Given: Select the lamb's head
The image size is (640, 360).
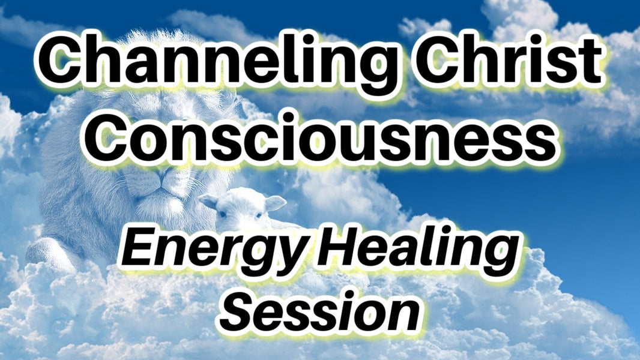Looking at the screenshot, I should [x=240, y=207].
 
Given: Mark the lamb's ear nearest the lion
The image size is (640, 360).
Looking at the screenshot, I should [x=208, y=201].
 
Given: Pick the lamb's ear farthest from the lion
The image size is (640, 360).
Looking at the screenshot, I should [x=276, y=203].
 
